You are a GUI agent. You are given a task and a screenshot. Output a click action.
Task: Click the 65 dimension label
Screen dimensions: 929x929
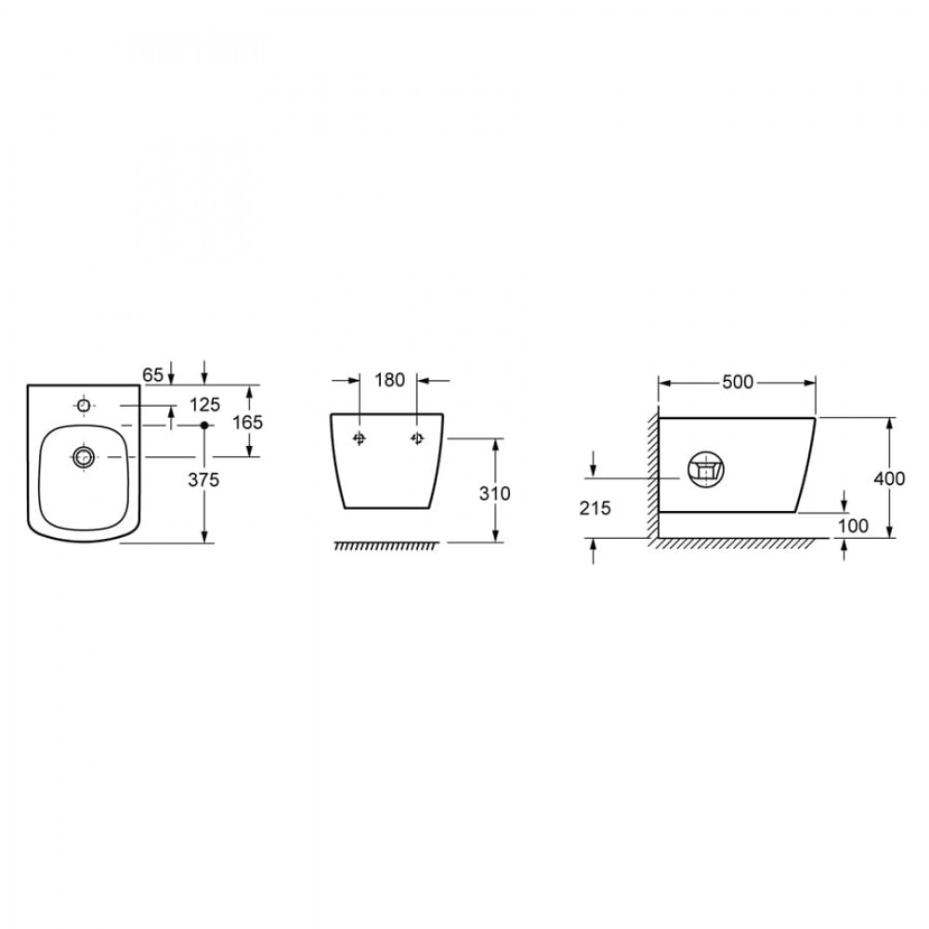pos(152,374)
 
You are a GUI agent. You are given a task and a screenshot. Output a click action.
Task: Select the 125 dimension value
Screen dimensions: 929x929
pos(204,405)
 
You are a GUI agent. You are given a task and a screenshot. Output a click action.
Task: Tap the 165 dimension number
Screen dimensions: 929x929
pos(247,423)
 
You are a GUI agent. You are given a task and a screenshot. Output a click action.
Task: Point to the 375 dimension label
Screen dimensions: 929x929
pos(203,480)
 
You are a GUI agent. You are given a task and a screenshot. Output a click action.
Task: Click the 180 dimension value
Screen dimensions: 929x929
pos(389,380)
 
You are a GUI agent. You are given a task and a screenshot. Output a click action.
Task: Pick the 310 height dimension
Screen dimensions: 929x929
pos(494,493)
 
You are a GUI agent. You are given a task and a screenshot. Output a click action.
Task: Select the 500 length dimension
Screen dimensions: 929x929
pos(738,382)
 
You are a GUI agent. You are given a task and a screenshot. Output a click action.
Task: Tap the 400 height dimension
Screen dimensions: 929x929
pos(889,478)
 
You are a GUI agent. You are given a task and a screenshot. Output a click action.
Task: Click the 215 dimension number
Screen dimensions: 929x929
pos(595,508)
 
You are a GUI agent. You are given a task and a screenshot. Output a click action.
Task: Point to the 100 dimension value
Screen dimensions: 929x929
pos(853,526)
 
